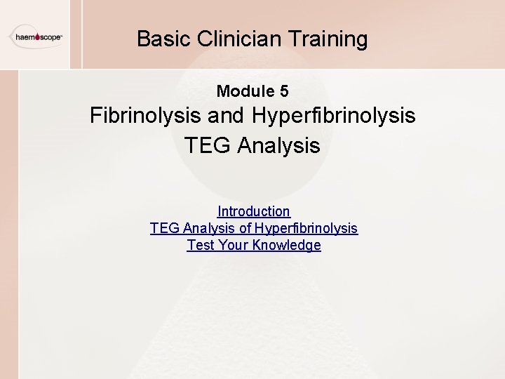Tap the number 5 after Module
coord(283,91)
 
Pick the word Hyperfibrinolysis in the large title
coord(332,116)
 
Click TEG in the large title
coord(208,146)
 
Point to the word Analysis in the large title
coord(278,146)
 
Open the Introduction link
coord(253,211)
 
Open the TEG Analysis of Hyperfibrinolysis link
coord(253,228)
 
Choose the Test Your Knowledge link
coord(253,245)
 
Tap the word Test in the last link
coord(200,245)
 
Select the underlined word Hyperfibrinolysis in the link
coord(306,228)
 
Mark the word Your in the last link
coord(233,245)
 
